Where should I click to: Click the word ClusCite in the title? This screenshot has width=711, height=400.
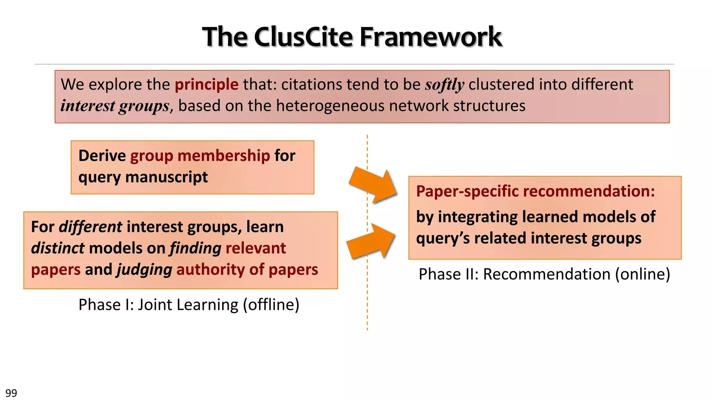tap(304, 37)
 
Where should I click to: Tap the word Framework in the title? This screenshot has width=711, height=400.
tap(431, 37)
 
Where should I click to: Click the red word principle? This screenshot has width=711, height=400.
tap(207, 84)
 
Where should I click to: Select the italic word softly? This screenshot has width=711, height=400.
tap(444, 85)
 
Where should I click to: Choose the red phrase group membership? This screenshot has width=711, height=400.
tap(200, 156)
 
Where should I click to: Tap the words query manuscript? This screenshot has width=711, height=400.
tap(143, 177)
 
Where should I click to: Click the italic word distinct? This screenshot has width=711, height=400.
tap(58, 248)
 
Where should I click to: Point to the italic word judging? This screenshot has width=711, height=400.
tap(144, 270)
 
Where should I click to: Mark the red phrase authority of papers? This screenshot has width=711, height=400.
tap(247, 270)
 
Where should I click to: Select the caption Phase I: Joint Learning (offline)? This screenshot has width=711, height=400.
tap(189, 305)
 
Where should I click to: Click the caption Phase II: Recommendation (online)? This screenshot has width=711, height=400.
tap(544, 274)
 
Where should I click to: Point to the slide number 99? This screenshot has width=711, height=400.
tap(11, 393)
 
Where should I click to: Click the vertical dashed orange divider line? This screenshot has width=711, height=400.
tap(367, 306)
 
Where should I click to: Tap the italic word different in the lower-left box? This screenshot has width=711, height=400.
tap(90, 227)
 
